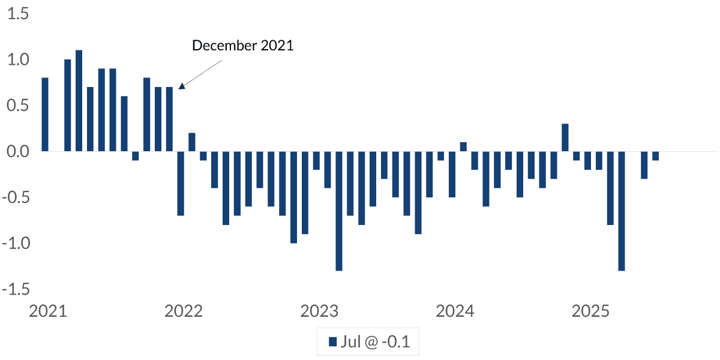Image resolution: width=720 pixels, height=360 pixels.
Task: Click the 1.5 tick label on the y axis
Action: [18, 14]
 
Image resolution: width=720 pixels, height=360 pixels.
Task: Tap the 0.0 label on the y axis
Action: [18, 151]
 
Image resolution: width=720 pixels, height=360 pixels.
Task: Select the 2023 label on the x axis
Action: [319, 312]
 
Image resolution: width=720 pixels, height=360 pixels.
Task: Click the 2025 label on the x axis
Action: [591, 312]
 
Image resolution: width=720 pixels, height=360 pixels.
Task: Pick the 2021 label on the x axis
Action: [47, 312]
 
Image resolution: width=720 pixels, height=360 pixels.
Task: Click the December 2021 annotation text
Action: [242, 46]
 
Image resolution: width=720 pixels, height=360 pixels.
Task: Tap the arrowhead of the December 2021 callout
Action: [182, 86]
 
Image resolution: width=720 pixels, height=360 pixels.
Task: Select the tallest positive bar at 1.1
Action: [79, 101]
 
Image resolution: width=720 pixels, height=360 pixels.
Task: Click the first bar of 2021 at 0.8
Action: [45, 115]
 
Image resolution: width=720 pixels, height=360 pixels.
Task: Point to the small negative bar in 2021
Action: [135, 156]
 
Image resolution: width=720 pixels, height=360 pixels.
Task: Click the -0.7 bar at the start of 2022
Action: [181, 183]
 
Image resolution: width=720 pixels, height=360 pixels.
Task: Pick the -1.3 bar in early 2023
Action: [339, 211]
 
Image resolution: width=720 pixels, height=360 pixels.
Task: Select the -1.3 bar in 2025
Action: [622, 211]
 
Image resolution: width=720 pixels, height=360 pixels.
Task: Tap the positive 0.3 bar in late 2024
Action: [565, 137]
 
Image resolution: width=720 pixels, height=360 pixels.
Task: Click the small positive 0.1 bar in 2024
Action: [463, 146]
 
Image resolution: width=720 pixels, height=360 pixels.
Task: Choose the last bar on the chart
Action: [655, 156]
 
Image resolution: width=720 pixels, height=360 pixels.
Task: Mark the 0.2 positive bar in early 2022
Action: [192, 142]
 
